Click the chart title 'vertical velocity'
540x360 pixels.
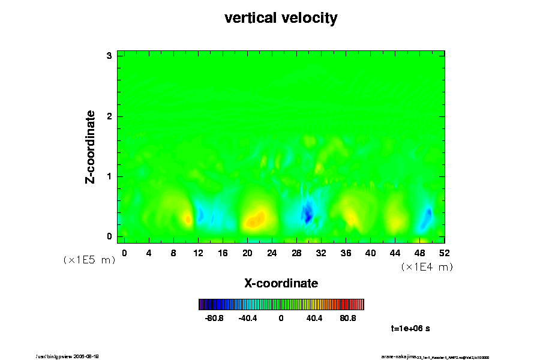(x=281, y=18)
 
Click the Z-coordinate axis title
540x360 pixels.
(x=91, y=146)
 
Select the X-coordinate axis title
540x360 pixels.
(x=281, y=283)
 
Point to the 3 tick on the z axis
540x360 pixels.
(x=110, y=56)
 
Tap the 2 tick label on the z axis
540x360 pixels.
(x=110, y=116)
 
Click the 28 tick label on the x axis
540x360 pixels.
(x=296, y=253)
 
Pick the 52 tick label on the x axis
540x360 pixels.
(x=445, y=253)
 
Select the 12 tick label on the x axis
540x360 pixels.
(x=198, y=253)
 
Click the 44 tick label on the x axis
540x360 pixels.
(x=395, y=253)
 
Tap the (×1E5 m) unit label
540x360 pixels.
(x=89, y=260)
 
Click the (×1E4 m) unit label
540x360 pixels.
(x=427, y=267)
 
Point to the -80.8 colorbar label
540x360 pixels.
(x=214, y=318)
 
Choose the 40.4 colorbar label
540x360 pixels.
(x=314, y=318)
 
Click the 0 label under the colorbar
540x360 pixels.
(x=281, y=318)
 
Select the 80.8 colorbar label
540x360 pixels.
(x=348, y=318)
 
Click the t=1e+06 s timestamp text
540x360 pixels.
(x=410, y=328)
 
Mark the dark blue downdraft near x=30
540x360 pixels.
(x=307, y=212)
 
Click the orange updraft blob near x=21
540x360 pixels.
(x=256, y=220)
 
